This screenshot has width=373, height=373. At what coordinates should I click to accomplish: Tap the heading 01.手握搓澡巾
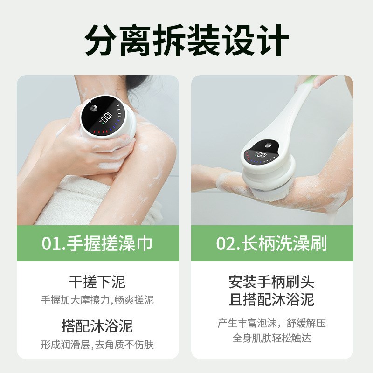click(x=97, y=244)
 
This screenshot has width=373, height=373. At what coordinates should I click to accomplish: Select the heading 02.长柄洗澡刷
click(x=271, y=244)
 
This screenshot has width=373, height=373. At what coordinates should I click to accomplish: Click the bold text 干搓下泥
click(x=97, y=282)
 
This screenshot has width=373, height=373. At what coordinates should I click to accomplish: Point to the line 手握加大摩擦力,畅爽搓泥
click(x=97, y=300)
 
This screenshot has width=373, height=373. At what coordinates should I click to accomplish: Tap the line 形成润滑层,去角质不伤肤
click(x=97, y=345)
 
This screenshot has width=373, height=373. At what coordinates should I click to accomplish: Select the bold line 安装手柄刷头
click(x=271, y=282)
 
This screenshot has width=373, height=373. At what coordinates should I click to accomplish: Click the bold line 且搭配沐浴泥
click(x=271, y=299)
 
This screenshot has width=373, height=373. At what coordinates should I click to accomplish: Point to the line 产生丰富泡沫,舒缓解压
click(x=271, y=323)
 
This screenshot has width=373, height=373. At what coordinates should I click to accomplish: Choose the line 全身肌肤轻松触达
click(x=271, y=338)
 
